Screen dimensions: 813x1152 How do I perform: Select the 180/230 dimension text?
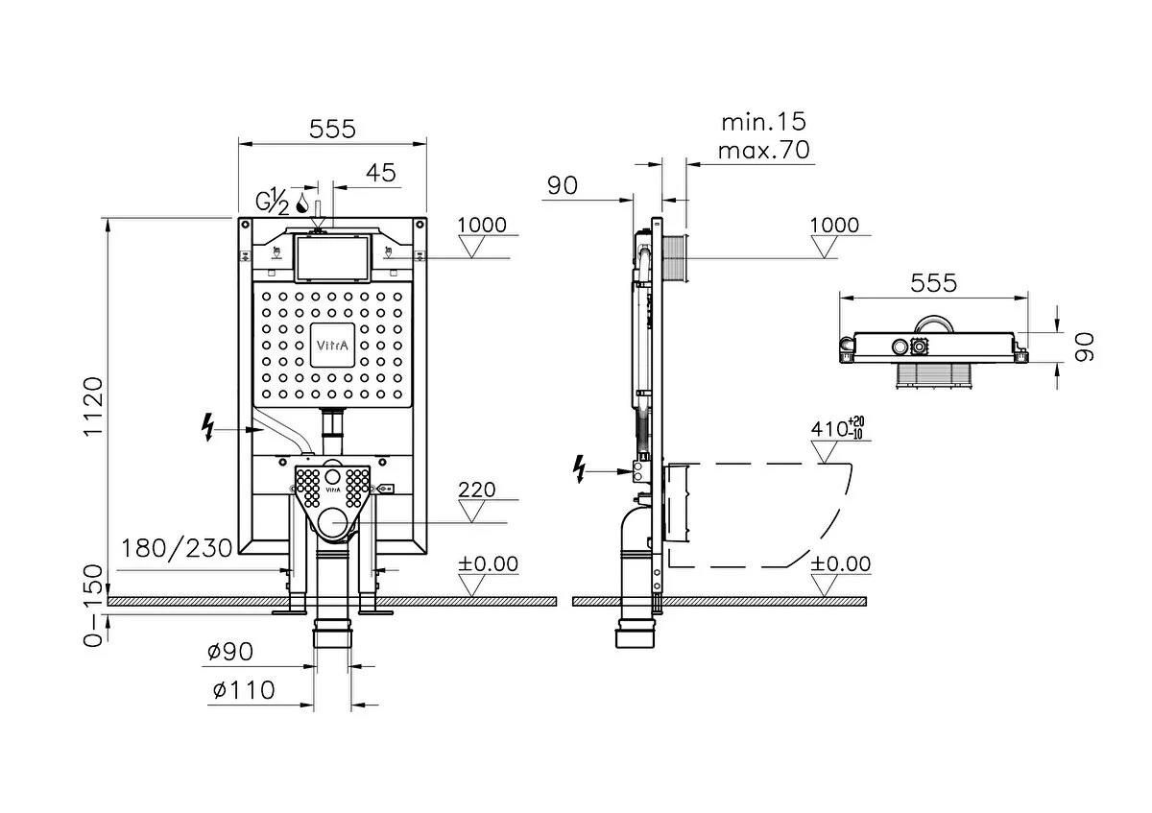[178, 548]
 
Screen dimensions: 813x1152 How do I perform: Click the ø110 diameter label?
[241, 689]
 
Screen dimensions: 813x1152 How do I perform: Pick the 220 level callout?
[477, 490]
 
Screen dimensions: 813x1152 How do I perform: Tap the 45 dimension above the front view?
[381, 173]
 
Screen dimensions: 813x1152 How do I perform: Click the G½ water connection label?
[272, 203]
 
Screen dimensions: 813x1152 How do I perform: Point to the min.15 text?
[763, 122]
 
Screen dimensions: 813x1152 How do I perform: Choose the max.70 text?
[763, 150]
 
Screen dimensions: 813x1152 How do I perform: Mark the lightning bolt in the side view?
[579, 467]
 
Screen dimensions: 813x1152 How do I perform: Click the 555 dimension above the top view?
[933, 283]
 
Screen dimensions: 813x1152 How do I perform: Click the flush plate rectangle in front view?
[332, 257]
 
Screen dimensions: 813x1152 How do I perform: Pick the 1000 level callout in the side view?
[834, 225]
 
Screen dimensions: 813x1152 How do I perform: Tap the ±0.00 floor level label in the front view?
[488, 563]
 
